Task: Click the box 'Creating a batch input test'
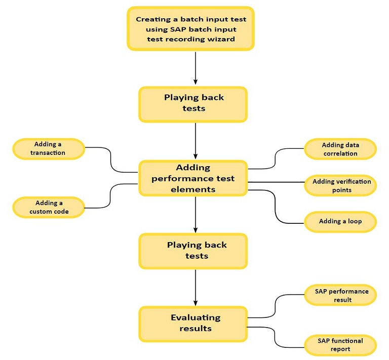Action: coord(190,29)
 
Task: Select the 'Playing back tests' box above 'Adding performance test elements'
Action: coord(193,104)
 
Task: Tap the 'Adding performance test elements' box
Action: coord(193,178)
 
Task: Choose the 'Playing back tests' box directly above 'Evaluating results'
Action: coord(193,251)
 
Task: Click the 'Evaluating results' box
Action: coord(193,323)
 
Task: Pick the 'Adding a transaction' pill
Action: coord(48,149)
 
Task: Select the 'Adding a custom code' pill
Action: coord(48,207)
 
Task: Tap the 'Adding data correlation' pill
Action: coord(340,149)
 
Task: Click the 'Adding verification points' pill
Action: coord(340,186)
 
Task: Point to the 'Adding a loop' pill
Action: coord(340,221)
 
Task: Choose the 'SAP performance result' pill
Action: coord(340,296)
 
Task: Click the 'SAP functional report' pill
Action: coord(340,344)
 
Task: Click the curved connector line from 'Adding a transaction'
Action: coord(110,159)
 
